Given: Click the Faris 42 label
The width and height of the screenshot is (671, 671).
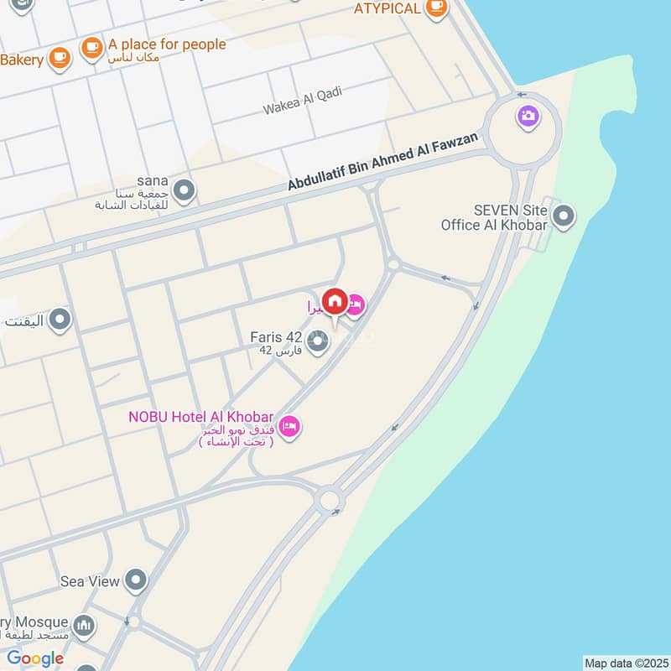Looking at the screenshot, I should pyautogui.click(x=276, y=337).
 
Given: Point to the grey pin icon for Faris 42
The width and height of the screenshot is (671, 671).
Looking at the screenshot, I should pyautogui.click(x=318, y=344).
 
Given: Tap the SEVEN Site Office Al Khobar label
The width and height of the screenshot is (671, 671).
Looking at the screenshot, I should pyautogui.click(x=494, y=217).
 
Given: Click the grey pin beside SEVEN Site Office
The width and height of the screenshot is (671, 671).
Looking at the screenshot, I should pyautogui.click(x=564, y=216).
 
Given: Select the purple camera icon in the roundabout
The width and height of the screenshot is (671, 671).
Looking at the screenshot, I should pyautogui.click(x=528, y=116).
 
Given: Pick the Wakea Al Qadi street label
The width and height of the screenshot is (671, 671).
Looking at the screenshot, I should pyautogui.click(x=303, y=101).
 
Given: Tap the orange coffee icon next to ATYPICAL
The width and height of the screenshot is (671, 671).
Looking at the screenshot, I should pyautogui.click(x=436, y=8).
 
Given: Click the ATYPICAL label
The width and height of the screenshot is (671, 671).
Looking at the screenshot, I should pyautogui.click(x=387, y=8).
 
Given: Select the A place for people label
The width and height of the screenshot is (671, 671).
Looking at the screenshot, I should pyautogui.click(x=167, y=44).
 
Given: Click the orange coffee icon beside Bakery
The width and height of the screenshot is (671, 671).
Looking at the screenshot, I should pyautogui.click(x=59, y=57).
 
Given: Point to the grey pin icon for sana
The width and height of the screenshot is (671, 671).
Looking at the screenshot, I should pyautogui.click(x=184, y=191).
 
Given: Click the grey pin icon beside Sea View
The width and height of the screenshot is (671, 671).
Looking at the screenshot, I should pyautogui.click(x=135, y=580).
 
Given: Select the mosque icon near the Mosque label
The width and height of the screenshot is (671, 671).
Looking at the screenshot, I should pyautogui.click(x=83, y=625).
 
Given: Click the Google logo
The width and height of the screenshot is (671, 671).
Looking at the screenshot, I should pyautogui.click(x=35, y=658).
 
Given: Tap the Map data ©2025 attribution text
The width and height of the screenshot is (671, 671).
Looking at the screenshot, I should pyautogui.click(x=625, y=663).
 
